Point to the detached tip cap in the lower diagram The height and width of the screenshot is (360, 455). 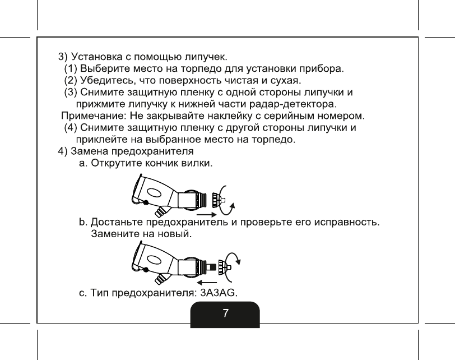pos(224,266)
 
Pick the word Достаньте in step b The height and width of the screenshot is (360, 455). pos(118,223)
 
